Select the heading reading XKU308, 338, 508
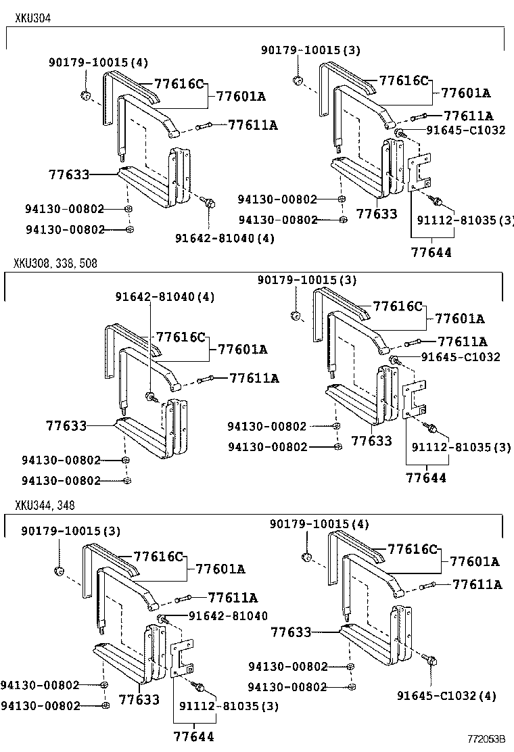tap(55, 263)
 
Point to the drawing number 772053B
tap(488, 741)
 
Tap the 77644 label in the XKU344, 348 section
tap(193, 736)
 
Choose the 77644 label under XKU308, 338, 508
tap(426, 477)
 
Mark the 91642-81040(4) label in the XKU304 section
tap(215, 238)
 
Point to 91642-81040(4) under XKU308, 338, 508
tap(155, 296)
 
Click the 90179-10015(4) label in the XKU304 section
tap(98, 62)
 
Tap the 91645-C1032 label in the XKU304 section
tap(465, 131)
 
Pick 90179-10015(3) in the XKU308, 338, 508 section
tap(307, 280)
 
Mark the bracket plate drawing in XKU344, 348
tap(183, 658)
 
